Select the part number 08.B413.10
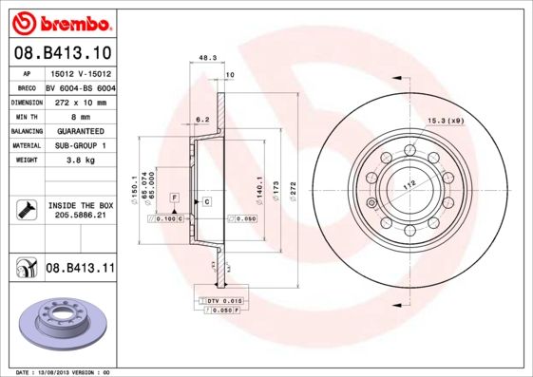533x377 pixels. (x=61, y=52)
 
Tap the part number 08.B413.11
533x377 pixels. (x=80, y=270)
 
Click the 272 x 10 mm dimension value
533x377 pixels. (x=79, y=101)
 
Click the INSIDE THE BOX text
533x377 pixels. (x=80, y=205)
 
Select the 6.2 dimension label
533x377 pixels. (x=201, y=119)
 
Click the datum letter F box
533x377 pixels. (x=175, y=196)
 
